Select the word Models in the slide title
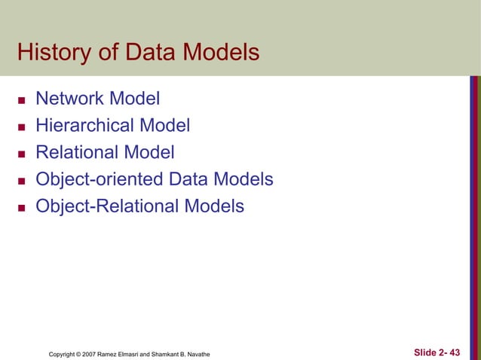click(x=220, y=53)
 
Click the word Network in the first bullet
click(x=70, y=98)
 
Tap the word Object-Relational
click(x=106, y=206)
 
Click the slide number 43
click(x=454, y=352)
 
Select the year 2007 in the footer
click(x=97, y=353)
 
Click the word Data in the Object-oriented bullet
click(x=191, y=179)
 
